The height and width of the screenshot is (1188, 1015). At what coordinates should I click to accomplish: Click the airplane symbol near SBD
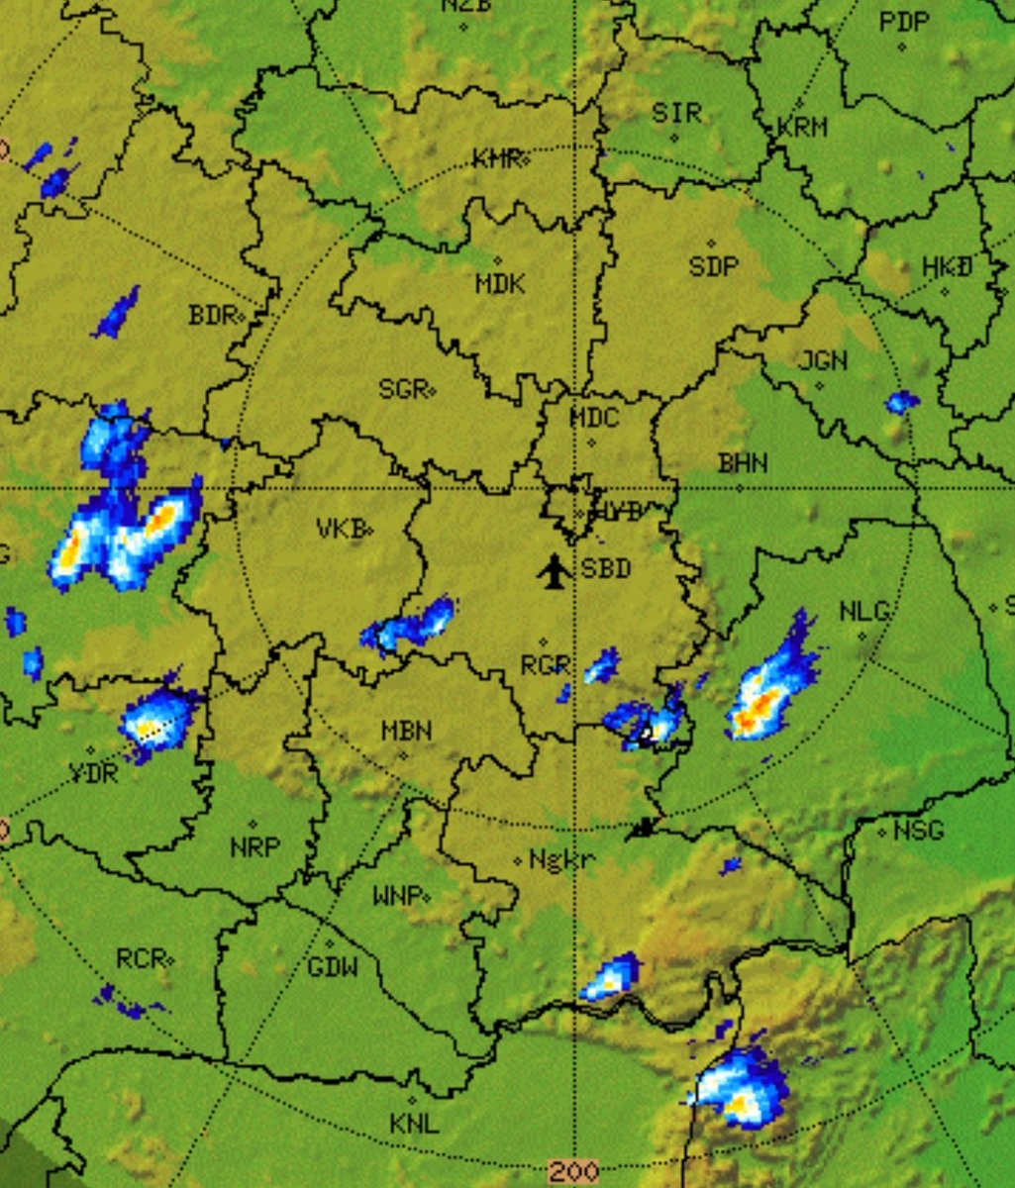556,571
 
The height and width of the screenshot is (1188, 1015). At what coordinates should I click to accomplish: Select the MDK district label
500,284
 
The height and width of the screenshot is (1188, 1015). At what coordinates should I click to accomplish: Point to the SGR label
402,389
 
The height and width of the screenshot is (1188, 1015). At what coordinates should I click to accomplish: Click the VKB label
341,529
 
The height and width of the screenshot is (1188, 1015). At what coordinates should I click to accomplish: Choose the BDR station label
212,316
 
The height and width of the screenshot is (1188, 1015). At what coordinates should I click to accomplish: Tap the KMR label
496,158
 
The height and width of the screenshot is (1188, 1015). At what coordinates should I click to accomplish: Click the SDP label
713,266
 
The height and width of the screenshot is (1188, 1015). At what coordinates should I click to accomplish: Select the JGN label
823,361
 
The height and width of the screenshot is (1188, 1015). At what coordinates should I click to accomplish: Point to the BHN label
743,462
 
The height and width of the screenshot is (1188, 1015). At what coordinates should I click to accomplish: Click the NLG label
863,612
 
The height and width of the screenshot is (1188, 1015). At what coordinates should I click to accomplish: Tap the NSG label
918,830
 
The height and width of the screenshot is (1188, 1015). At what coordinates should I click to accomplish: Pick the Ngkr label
561,860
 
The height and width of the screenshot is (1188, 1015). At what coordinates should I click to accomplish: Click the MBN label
406,732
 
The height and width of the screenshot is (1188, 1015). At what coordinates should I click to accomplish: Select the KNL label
414,1124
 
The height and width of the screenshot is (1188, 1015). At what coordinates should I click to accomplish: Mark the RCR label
140,958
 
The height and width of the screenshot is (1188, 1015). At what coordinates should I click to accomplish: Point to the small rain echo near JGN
901,401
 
